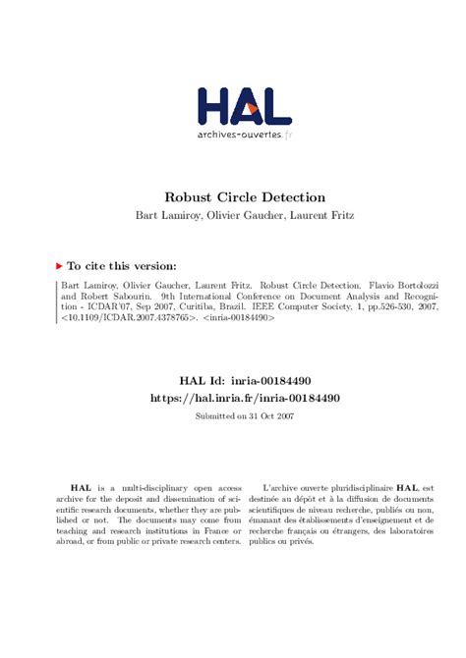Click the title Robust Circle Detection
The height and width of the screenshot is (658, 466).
[244, 197]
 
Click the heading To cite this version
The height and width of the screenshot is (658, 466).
[122, 265]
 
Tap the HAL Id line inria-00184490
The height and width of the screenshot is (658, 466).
[244, 379]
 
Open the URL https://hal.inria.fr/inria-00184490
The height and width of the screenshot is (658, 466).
[244, 398]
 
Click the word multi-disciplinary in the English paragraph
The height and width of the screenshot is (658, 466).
[147, 487]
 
